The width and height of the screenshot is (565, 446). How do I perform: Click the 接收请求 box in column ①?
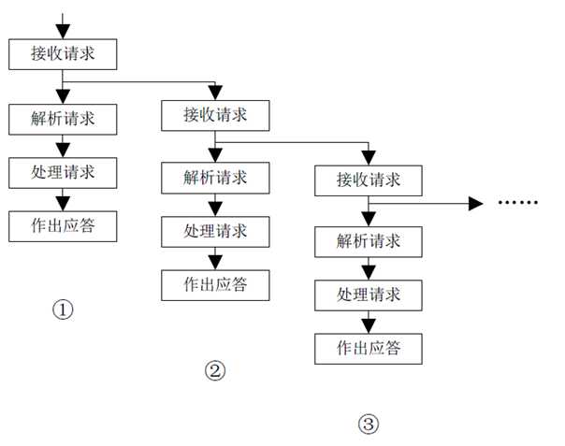tap(63, 53)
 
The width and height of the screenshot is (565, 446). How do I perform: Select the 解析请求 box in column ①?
tap(63, 119)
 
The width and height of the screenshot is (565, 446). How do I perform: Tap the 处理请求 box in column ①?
tap(63, 172)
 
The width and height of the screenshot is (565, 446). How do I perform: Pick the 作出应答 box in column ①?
tap(63, 225)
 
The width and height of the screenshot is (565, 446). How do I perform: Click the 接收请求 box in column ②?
tap(215, 116)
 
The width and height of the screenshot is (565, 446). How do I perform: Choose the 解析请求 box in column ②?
tap(215, 176)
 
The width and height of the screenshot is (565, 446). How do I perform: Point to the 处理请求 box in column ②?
tap(215, 230)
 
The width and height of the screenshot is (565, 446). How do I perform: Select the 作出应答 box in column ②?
tap(215, 284)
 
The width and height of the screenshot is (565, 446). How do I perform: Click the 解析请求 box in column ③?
tap(369, 240)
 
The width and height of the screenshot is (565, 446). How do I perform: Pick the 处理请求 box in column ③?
tap(369, 295)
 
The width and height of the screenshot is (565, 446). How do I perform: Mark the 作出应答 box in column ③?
tap(369, 348)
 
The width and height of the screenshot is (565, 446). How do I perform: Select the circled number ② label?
tap(215, 370)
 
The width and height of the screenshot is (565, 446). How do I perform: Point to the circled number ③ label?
tap(369, 424)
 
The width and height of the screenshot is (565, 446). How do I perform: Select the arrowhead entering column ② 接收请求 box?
tap(215, 94)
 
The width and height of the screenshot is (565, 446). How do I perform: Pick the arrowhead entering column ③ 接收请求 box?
tap(369, 156)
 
